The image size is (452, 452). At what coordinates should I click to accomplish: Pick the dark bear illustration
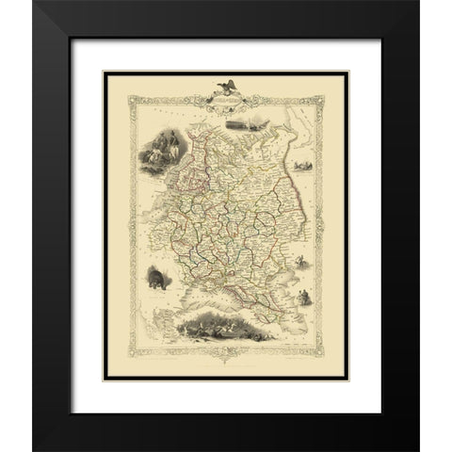pyautogui.click(x=156, y=281)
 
